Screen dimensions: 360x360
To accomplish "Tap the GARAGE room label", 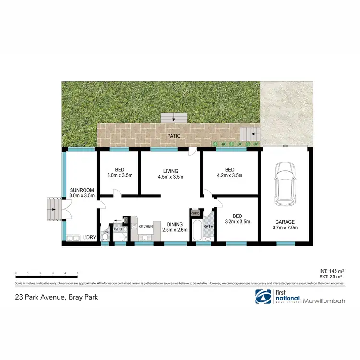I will click(285, 222).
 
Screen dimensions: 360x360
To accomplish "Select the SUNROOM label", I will click(82, 190).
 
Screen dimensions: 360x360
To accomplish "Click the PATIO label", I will click(174, 136).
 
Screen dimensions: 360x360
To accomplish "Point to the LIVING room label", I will click(170, 171).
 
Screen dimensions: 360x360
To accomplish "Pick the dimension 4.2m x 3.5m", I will click(230, 176).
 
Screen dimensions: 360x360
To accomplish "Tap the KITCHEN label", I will click(145, 226).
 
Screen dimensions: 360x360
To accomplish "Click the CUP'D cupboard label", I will click(195, 213).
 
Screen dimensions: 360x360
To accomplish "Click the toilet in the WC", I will click(106, 237).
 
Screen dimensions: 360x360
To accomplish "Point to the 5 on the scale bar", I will click(77, 273).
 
